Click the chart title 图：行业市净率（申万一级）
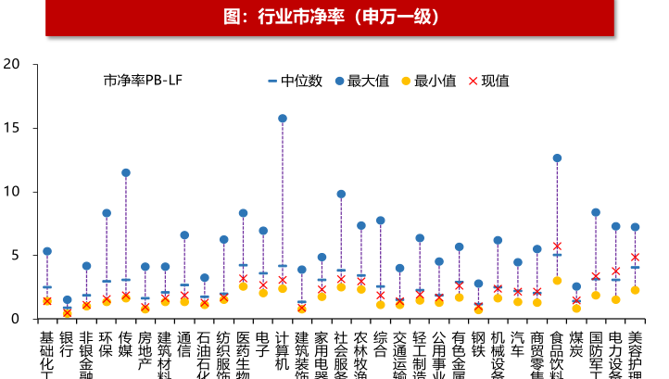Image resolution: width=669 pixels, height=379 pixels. pyautogui.click(x=334, y=17)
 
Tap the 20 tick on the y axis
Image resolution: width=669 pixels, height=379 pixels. pyautogui.click(x=12, y=64)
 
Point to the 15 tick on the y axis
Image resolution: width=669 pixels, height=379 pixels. pyautogui.click(x=12, y=128)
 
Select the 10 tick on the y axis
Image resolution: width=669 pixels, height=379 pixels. pyautogui.click(x=12, y=192)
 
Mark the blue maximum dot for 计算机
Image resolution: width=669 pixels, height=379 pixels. pyautogui.click(x=283, y=119)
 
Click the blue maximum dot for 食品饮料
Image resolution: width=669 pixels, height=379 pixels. pyautogui.click(x=557, y=158)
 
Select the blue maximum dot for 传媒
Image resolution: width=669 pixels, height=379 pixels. pyautogui.click(x=126, y=173)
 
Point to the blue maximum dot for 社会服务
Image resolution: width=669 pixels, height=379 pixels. pyautogui.click(x=341, y=195)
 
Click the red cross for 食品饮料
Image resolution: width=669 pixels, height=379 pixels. pyautogui.click(x=557, y=246)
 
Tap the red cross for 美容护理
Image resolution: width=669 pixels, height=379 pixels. pyautogui.click(x=635, y=257)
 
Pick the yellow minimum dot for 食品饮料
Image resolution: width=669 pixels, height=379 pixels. pyautogui.click(x=557, y=280)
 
